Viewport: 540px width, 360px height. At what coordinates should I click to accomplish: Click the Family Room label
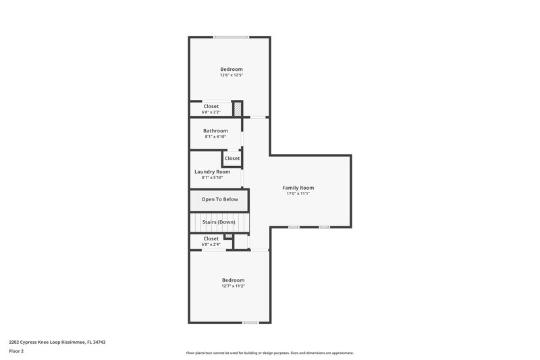[298, 188]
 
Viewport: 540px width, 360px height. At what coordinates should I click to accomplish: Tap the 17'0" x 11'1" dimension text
[298, 194]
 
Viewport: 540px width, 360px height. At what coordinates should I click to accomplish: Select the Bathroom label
[216, 130]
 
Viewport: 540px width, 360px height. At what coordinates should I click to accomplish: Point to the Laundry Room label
[212, 172]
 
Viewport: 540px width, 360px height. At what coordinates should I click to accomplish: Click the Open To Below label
[219, 199]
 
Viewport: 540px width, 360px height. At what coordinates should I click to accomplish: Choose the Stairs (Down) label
[219, 222]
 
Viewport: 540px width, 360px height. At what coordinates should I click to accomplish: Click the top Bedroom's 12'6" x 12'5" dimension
[231, 75]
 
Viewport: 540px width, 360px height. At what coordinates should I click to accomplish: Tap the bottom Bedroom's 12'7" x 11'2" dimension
[233, 286]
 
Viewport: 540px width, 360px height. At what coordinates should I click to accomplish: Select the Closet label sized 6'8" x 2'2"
[211, 106]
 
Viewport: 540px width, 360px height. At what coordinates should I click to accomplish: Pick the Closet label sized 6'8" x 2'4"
[211, 238]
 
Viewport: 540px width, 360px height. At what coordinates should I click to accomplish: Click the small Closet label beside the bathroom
[232, 158]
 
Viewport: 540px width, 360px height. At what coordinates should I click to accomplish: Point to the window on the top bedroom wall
[231, 36]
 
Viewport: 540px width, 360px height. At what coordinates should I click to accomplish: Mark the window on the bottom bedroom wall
[250, 322]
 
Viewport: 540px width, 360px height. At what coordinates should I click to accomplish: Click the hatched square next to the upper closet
[238, 109]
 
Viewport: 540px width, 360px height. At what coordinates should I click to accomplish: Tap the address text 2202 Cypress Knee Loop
[57, 342]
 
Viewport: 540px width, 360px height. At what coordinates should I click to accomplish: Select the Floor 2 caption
[17, 351]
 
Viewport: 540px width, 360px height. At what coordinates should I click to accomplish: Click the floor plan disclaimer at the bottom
[269, 353]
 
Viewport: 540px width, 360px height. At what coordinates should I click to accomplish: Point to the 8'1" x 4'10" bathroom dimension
[216, 136]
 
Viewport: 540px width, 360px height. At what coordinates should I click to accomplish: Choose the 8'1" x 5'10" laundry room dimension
[212, 178]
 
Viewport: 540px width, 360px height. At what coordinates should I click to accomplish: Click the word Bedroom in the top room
[231, 69]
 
